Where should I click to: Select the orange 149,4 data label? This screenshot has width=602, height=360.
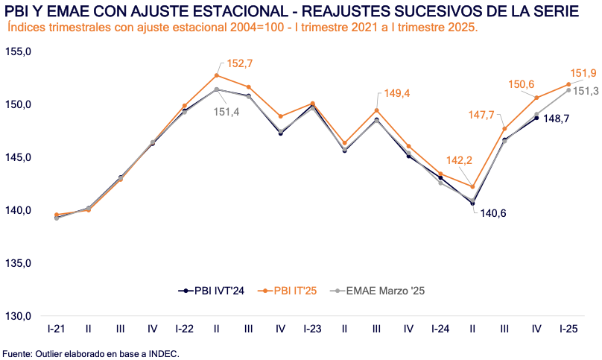397,93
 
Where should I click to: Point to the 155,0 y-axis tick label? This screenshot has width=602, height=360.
18,51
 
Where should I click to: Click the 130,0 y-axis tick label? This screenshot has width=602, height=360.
18,316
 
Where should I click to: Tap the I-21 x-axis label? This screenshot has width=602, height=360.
55,329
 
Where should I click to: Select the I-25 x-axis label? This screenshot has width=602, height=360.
569,329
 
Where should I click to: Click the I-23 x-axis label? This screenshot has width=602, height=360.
313,329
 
